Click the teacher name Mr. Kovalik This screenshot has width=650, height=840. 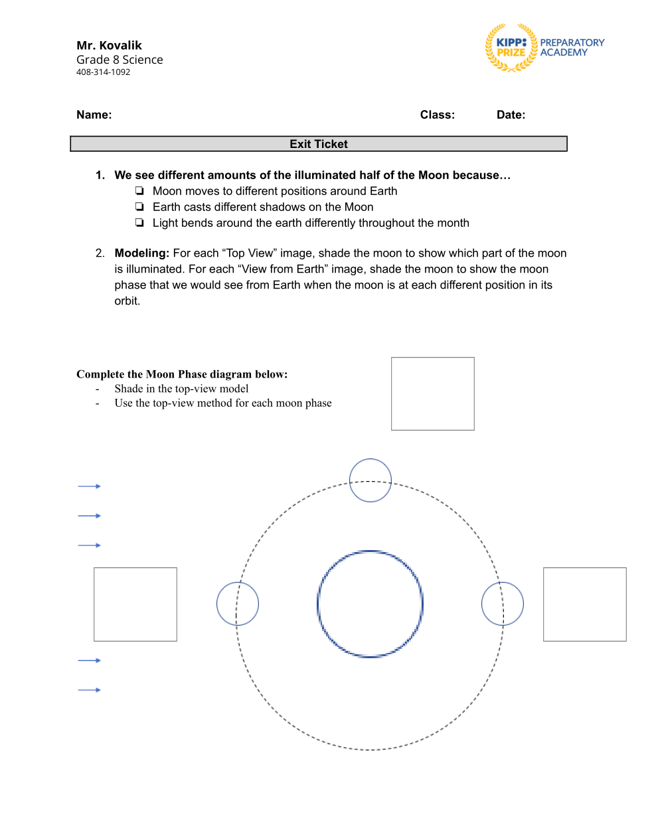(109, 45)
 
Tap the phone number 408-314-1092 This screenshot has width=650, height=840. (103, 72)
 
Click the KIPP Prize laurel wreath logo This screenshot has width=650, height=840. (511, 48)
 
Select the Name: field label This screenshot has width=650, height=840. (94, 115)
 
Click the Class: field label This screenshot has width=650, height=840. (437, 115)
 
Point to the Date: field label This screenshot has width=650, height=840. (511, 115)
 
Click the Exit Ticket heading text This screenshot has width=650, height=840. (319, 144)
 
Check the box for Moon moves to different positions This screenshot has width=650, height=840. (139, 191)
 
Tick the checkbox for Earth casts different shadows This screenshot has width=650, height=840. (139, 207)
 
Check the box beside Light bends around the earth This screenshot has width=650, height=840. (139, 223)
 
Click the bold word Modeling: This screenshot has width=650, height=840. (141, 253)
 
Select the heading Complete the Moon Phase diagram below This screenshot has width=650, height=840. (182, 374)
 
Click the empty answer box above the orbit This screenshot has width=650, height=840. (433, 393)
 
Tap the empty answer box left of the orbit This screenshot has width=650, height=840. (135, 604)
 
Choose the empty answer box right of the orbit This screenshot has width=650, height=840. (584, 604)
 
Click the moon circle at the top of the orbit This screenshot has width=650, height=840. (370, 480)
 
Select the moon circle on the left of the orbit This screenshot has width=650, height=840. (238, 604)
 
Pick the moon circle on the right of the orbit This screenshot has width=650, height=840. (503, 604)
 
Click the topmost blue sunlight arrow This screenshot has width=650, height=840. (89, 486)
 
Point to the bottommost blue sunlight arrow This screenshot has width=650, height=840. (89, 690)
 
